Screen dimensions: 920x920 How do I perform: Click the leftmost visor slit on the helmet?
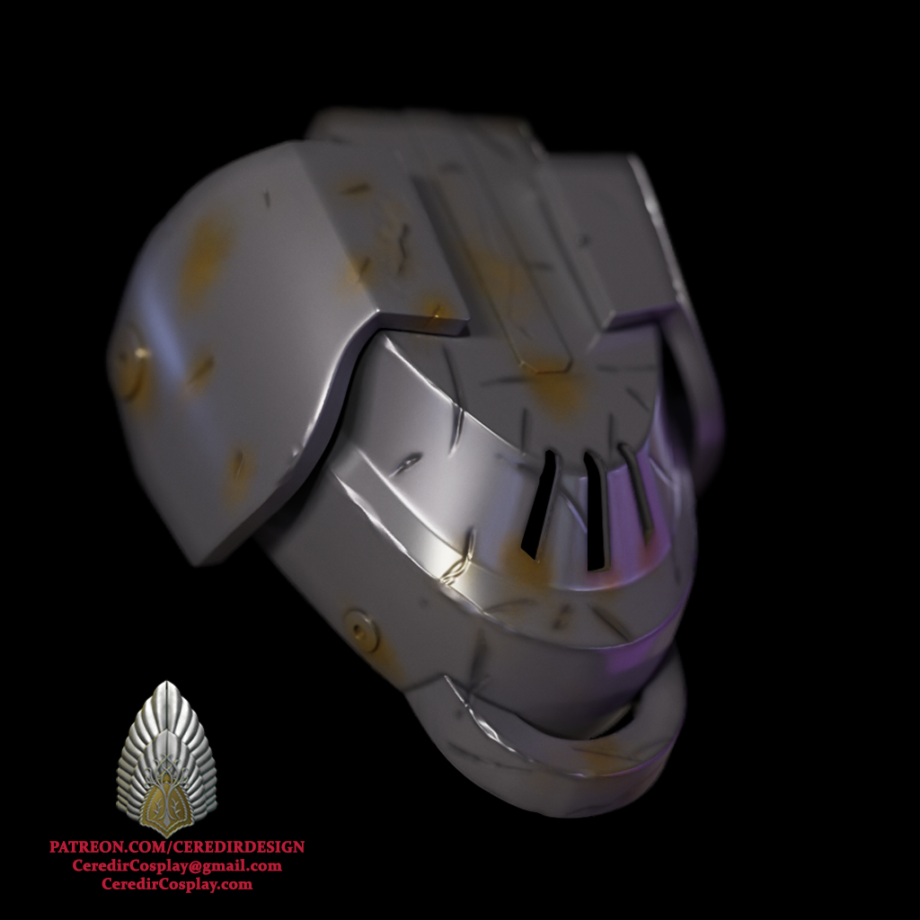pyautogui.click(x=539, y=505)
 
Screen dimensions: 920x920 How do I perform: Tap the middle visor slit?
pyautogui.click(x=596, y=510)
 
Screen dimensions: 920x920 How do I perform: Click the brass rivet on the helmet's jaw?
pyautogui.click(x=362, y=626)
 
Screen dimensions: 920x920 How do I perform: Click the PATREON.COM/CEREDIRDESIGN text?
pyautogui.click(x=177, y=847)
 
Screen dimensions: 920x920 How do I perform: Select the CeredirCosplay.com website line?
pyautogui.click(x=177, y=885)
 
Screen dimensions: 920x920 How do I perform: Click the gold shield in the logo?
pyautogui.click(x=166, y=804)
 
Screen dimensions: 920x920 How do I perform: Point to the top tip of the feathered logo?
pyautogui.click(x=167, y=685)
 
